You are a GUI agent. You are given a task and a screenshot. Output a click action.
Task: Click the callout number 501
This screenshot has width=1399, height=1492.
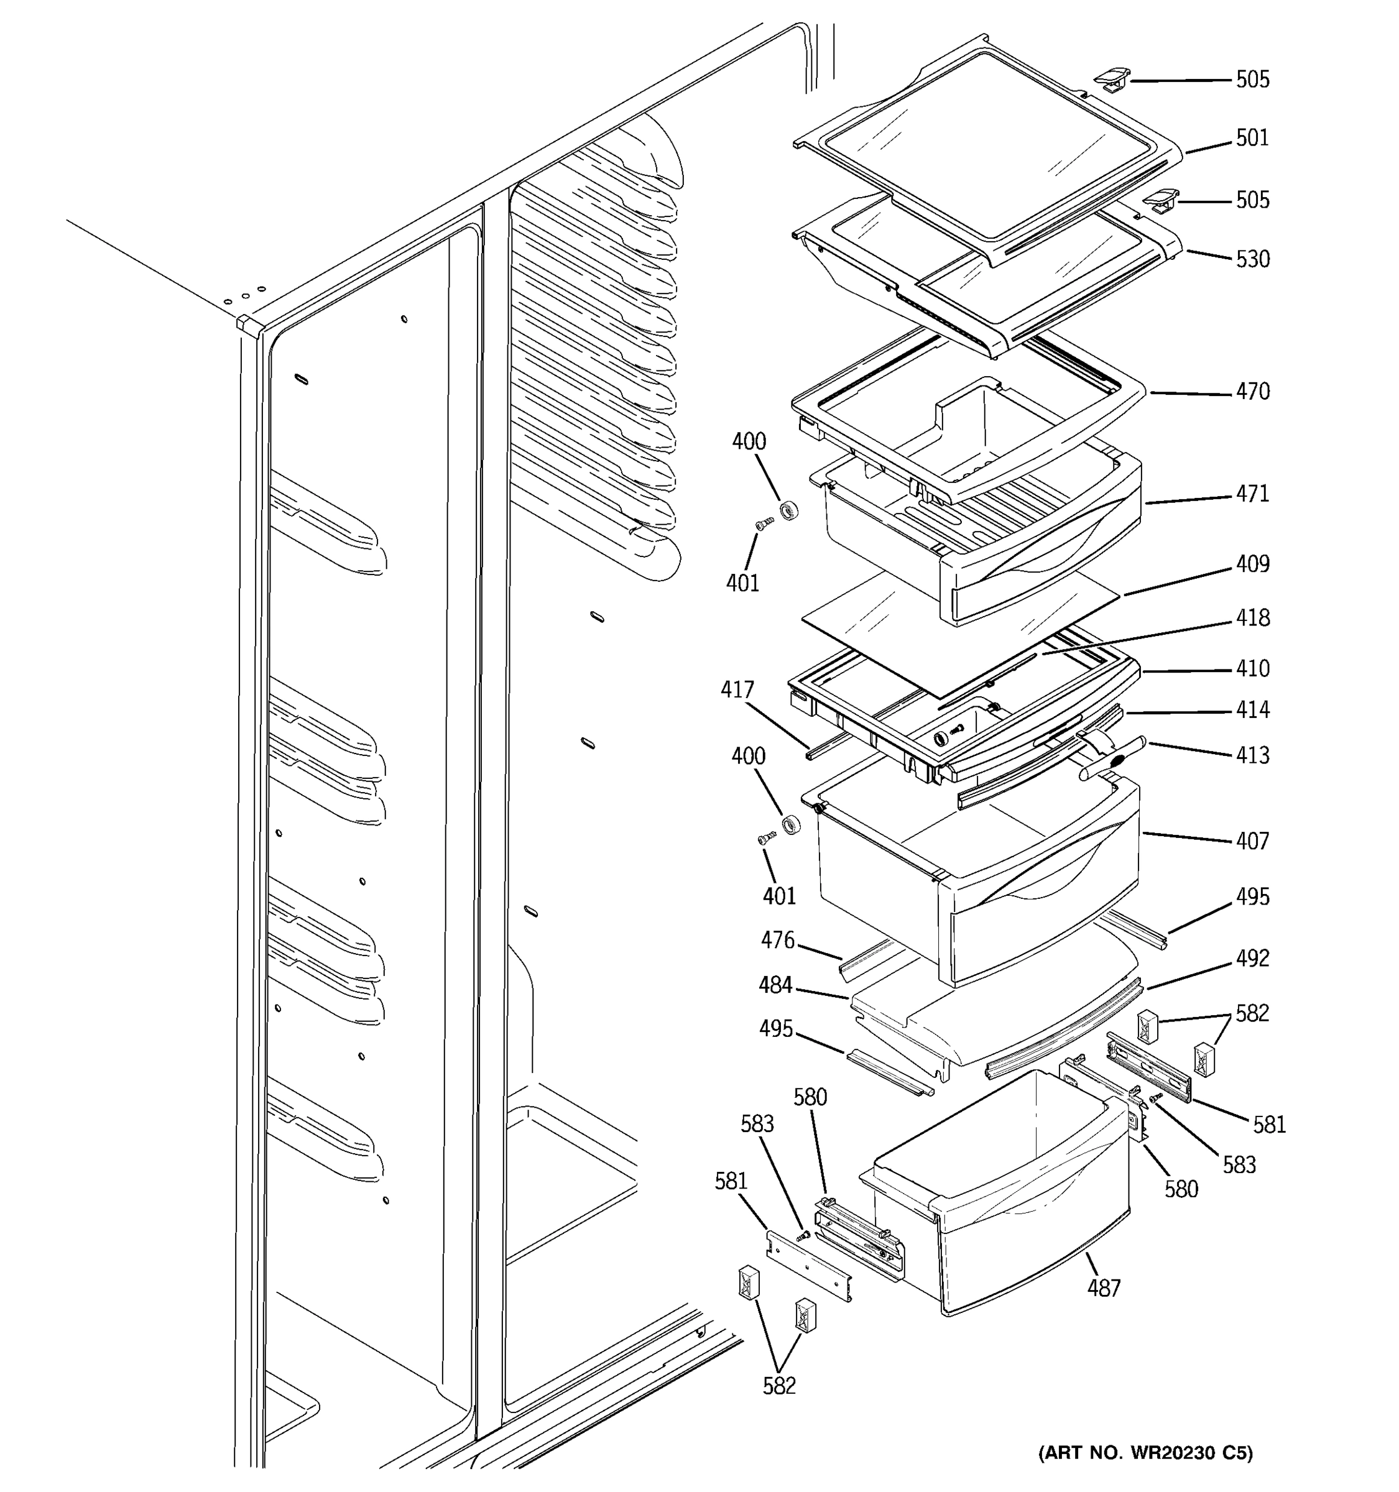pos(1252,138)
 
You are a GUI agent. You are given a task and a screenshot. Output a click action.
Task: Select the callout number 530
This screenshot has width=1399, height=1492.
pos(1252,260)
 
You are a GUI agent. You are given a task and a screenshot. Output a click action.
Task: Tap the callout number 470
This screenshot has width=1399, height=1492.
pos(1252,392)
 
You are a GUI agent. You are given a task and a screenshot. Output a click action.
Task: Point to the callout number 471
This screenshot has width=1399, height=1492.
pos(1252,494)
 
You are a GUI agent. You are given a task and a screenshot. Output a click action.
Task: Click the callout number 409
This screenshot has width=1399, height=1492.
pos(1252,564)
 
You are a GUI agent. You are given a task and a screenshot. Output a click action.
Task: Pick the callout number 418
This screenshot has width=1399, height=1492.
pos(1252,618)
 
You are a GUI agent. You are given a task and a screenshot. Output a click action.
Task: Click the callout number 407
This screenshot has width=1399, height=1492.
pos(1252,841)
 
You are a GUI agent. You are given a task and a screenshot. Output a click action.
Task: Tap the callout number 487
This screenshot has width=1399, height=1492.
pos(1103,1288)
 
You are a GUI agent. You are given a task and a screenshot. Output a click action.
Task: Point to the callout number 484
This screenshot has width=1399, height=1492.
pos(775,985)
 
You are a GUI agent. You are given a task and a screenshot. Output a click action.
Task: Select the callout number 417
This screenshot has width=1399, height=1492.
pos(736,689)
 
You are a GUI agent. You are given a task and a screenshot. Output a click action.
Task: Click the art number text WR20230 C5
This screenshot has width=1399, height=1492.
pos(1145,1453)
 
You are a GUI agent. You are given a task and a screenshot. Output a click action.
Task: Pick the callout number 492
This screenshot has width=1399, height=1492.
pos(1252,959)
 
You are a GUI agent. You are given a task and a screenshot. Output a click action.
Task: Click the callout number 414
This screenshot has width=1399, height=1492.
pos(1252,709)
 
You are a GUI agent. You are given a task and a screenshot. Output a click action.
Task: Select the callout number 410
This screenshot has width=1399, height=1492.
pos(1252,669)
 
